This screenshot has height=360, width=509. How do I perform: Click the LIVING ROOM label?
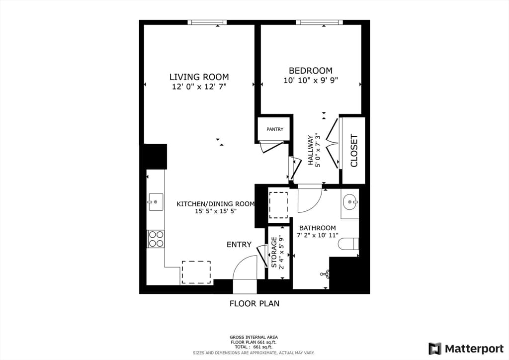[199, 77]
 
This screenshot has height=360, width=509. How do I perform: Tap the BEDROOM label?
[311, 71]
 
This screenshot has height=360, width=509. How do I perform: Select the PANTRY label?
[275, 129]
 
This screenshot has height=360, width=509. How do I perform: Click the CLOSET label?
[354, 151]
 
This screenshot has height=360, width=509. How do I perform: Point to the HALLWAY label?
[311, 150]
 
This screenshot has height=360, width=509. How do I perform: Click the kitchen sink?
[156, 202]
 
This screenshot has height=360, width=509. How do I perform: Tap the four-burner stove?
[156, 239]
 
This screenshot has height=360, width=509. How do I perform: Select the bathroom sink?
[350, 202]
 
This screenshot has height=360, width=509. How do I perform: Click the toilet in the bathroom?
[348, 244]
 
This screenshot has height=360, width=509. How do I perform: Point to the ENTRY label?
[239, 245]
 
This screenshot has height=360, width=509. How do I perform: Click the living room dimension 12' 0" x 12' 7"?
[199, 87]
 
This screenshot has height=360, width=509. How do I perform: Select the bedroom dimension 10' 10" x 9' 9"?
[311, 80]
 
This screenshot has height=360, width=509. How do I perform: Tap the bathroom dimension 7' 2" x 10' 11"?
[318, 235]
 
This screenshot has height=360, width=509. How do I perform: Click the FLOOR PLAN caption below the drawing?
[254, 303]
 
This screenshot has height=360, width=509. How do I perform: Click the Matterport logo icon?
[435, 349]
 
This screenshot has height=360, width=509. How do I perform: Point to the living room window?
[207, 22]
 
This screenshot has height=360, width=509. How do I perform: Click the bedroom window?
[319, 22]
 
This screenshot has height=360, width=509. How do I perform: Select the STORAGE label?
[274, 253]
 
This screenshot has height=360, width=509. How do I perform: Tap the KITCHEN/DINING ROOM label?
[216, 204]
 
